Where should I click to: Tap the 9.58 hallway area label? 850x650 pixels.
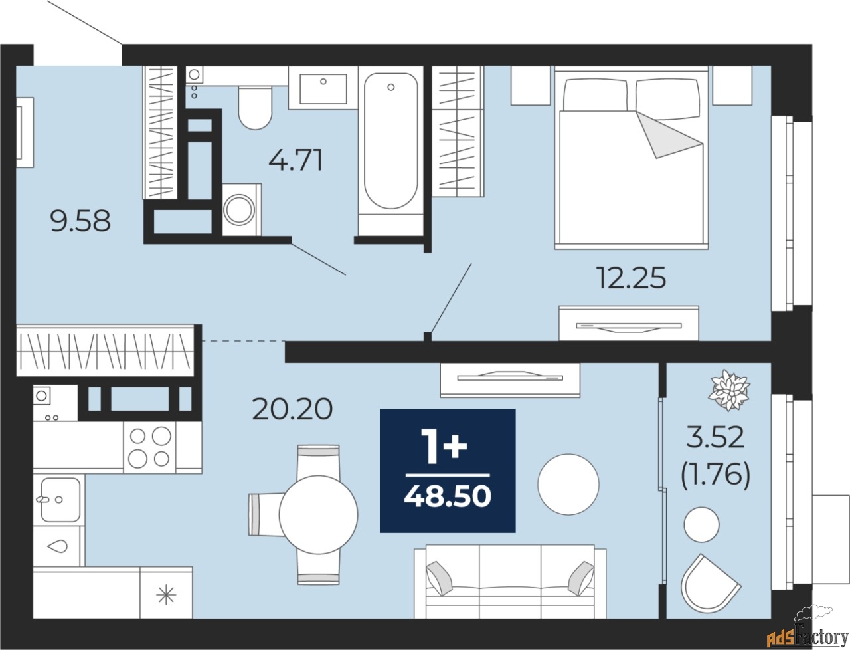[80, 221]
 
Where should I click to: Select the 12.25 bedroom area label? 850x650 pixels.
[632, 278]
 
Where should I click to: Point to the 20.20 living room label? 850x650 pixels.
[292, 409]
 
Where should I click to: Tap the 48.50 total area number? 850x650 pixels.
[448, 496]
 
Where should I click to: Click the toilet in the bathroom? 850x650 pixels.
[255, 108]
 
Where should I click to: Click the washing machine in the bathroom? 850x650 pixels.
[242, 210]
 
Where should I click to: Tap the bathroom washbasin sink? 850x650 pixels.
[323, 88]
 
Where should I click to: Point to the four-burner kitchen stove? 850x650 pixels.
[149, 447]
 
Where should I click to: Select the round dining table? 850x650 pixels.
[318, 514]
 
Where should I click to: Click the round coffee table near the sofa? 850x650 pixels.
[568, 484]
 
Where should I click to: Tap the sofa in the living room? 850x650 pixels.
[510, 582]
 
